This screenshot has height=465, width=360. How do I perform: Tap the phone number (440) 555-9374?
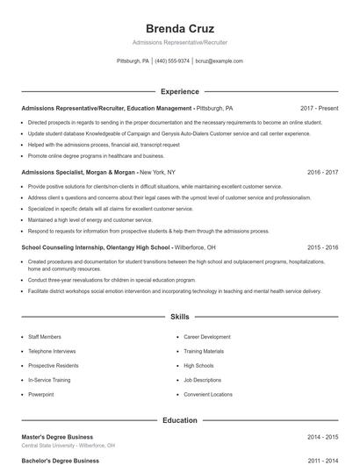click(x=172, y=61)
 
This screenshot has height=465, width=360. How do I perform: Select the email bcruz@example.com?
click(x=219, y=61)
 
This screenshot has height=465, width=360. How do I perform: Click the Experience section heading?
click(x=179, y=91)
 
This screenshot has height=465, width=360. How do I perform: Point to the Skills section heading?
click(x=179, y=316)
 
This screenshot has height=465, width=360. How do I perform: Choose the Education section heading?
click(x=179, y=420)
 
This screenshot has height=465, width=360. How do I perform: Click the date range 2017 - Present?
click(x=319, y=108)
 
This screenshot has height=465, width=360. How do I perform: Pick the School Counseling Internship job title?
click(x=94, y=247)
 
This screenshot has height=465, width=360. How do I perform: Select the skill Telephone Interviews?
click(x=51, y=351)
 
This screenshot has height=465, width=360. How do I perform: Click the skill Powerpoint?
click(x=40, y=395)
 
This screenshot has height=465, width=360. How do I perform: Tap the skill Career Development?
click(x=207, y=336)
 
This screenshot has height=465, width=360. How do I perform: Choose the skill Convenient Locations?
click(x=208, y=395)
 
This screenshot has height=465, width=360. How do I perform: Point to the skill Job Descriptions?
click(x=202, y=380)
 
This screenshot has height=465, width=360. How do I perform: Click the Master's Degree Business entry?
click(x=57, y=437)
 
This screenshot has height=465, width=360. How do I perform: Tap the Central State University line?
click(x=68, y=446)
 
